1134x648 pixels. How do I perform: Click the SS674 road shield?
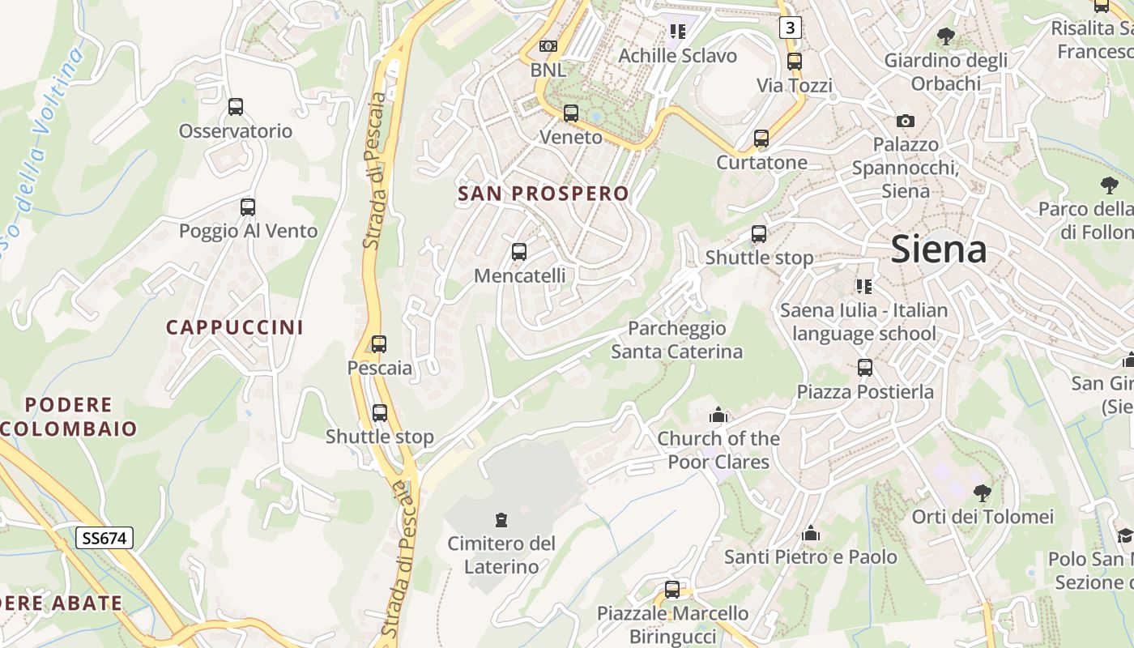click(105, 537)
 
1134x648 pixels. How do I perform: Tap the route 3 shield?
click(791, 28)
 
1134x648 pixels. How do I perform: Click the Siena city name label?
click(939, 249)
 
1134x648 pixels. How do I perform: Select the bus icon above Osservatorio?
click(236, 106)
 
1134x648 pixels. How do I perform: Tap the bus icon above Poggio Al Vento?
click(248, 207)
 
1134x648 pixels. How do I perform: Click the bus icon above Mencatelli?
click(519, 252)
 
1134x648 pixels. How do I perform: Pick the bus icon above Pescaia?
click(379, 343)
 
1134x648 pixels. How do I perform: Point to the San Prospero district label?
click(543, 194)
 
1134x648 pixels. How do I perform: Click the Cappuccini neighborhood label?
click(235, 327)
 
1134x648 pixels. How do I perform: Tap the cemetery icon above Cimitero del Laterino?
click(501, 519)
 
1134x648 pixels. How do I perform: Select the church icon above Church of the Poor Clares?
click(718, 416)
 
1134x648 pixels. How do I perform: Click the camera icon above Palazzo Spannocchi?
click(906, 121)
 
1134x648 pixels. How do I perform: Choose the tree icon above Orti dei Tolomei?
click(983, 492)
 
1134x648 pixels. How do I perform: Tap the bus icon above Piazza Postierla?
click(865, 368)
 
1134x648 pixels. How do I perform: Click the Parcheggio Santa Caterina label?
click(676, 340)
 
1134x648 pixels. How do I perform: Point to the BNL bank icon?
click(548, 46)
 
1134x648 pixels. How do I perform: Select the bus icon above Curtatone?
click(761, 139)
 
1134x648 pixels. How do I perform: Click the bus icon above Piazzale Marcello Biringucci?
click(672, 589)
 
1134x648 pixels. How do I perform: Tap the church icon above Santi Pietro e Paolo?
click(811, 534)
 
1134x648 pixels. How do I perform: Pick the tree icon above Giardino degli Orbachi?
click(945, 36)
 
